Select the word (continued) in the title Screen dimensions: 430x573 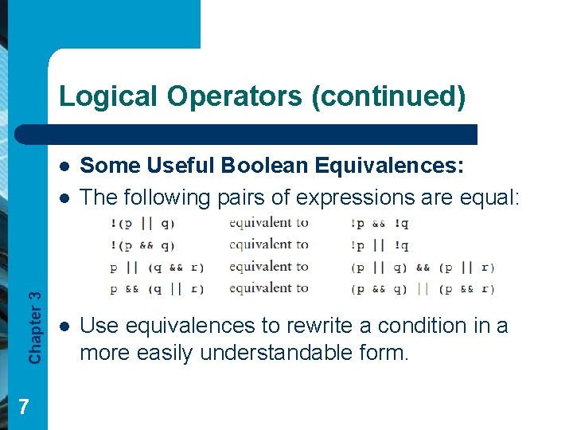click(x=389, y=96)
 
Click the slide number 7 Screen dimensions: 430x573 click(x=24, y=407)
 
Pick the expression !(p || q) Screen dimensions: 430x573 click(x=143, y=223)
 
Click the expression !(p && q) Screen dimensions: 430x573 click(x=143, y=244)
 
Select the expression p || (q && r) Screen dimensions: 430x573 click(x=156, y=267)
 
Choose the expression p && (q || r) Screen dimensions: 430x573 click(x=156, y=288)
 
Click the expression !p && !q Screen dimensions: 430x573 click(x=380, y=223)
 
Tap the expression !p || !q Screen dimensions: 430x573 click(x=380, y=244)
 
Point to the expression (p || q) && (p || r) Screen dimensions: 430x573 click(x=422, y=267)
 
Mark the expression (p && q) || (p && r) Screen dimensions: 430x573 click(x=422, y=288)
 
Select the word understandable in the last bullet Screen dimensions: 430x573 click(x=271, y=352)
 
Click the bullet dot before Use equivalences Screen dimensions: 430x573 click(x=64, y=326)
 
